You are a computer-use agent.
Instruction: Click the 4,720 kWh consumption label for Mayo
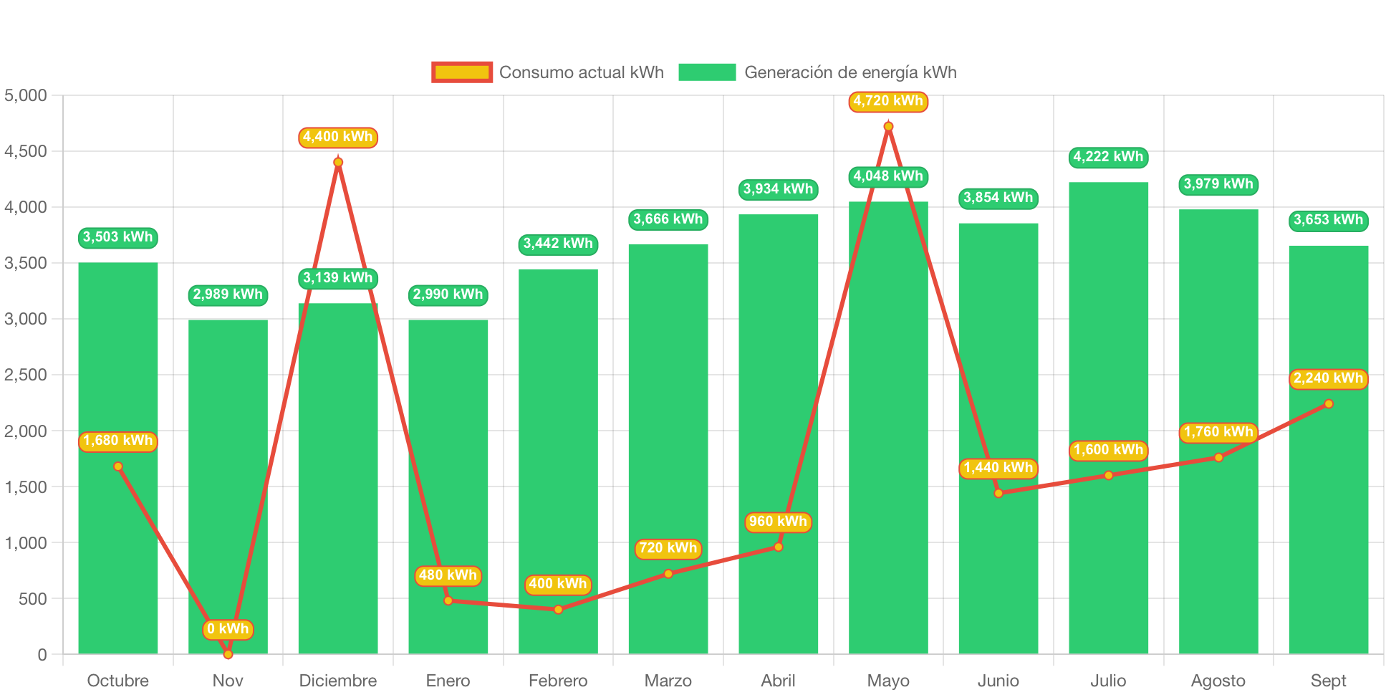coord(888,102)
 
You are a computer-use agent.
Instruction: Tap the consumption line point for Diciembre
coord(338,163)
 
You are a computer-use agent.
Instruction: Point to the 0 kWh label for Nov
coord(228,629)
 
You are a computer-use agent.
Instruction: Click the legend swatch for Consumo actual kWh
coord(462,72)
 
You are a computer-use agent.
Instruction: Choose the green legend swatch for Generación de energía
coord(707,72)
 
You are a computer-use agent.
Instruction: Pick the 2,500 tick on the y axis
coord(26,375)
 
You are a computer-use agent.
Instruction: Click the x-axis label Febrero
coord(558,680)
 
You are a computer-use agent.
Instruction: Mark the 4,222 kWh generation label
coord(1108,157)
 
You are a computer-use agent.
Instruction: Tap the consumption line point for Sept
coord(1329,404)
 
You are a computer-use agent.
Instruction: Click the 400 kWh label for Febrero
coord(558,584)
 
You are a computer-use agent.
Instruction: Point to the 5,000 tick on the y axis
coord(26,95)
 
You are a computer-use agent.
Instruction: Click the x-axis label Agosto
coord(1218,680)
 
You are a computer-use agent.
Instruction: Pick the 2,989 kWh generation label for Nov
coord(228,294)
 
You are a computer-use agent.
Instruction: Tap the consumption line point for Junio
coord(998,493)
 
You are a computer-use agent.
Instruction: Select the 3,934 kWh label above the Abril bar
coord(778,189)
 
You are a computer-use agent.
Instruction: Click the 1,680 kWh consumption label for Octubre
coord(118,441)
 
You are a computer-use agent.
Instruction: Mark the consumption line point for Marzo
coord(668,574)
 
